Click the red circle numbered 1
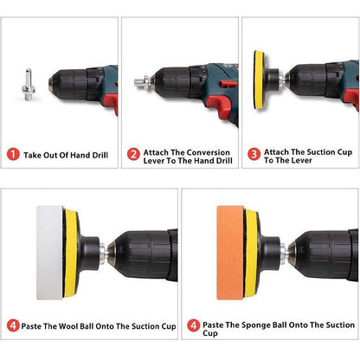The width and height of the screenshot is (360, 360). (13, 155)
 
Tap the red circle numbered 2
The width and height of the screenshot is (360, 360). (133, 155)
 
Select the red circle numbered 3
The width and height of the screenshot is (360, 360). (254, 154)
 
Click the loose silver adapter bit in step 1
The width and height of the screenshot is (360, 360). (29, 85)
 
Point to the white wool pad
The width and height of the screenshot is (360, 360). (49, 253)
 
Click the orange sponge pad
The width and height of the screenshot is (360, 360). (230, 253)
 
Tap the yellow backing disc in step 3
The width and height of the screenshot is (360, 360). (259, 80)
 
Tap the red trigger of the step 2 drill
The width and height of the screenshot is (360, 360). (218, 106)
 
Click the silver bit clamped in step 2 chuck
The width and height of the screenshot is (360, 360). (142, 82)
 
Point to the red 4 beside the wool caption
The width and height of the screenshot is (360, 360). (13, 325)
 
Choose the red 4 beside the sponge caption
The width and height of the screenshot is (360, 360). (193, 325)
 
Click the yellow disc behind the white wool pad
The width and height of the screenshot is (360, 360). (71, 253)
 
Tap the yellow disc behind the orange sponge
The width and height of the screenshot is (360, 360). (252, 253)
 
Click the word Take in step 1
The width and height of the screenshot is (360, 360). (33, 155)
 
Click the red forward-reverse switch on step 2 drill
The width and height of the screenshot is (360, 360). (228, 84)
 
